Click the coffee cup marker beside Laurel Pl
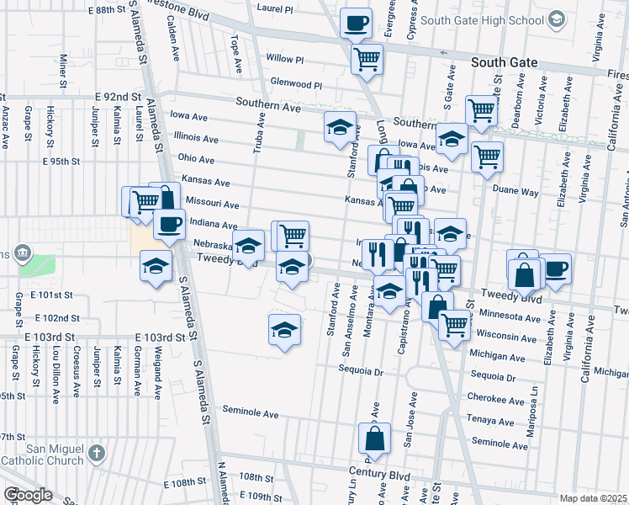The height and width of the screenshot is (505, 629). [x=356, y=23]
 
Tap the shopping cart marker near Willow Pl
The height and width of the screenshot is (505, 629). [x=367, y=59]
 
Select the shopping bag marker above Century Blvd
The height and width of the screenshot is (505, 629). [x=374, y=439]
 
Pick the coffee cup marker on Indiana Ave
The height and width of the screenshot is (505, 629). [x=169, y=224]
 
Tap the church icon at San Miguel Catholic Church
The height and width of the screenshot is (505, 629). [x=97, y=454]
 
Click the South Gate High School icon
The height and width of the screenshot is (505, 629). [x=555, y=19]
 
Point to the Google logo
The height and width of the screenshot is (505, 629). [x=28, y=495]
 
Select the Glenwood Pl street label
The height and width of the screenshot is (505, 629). [x=296, y=85]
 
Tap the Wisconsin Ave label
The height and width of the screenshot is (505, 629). [x=508, y=337]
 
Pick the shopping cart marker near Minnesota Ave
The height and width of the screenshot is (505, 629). [x=455, y=324]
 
